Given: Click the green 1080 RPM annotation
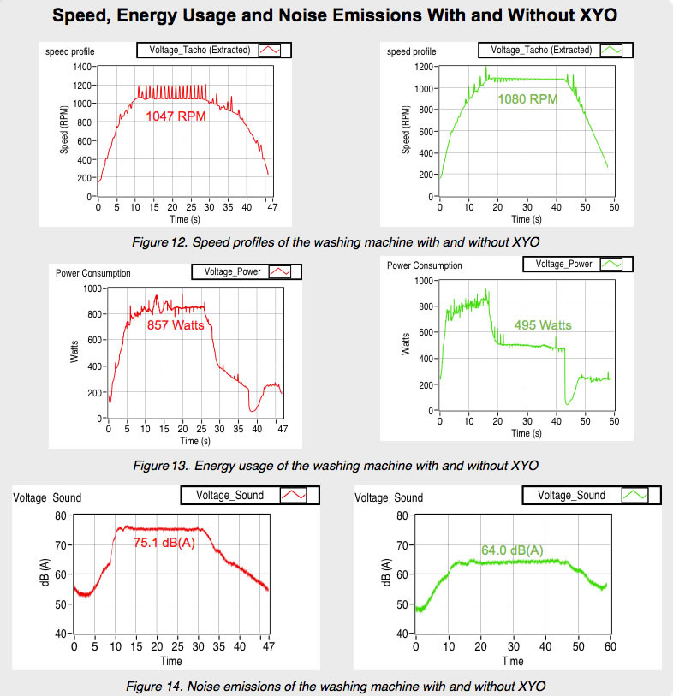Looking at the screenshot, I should (x=527, y=98).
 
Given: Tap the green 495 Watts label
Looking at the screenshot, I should (x=542, y=325).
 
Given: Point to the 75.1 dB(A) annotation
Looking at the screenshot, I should (x=164, y=542).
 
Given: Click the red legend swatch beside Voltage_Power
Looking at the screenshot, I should (x=280, y=271).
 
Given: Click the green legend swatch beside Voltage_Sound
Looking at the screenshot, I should (x=634, y=495).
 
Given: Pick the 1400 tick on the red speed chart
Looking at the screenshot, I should (x=82, y=66).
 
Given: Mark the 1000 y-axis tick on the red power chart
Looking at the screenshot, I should (x=92, y=288).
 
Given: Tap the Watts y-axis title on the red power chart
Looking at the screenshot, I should (x=74, y=353).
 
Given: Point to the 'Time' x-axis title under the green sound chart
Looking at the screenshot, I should (x=513, y=661).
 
